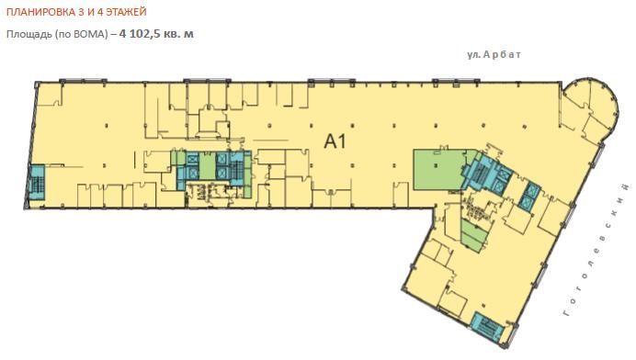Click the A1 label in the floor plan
coord(335,141)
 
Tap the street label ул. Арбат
coord(494,55)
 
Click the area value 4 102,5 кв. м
coord(156,34)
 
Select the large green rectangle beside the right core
coord(439,169)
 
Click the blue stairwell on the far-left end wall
coord(37,183)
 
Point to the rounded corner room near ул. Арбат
coord(590,110)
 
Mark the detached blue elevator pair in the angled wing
coord(529,197)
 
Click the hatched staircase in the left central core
coord(236,169)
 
